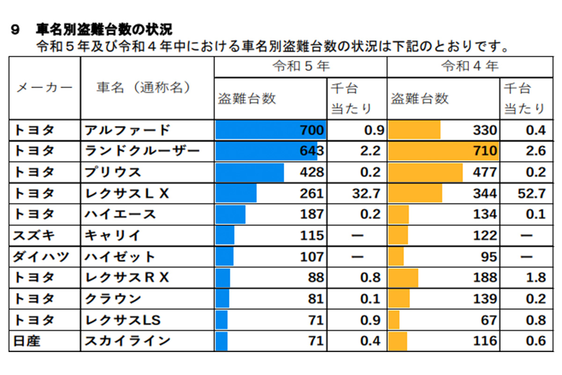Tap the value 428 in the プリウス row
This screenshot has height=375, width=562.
coord(311,172)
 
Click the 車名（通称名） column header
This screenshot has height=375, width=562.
coord(144,88)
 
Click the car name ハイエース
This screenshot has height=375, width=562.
coord(120,214)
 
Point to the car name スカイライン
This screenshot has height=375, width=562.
coord(127,341)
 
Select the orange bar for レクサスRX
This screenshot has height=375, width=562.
coord(403,277)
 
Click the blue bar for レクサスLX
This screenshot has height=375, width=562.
coord(236,193)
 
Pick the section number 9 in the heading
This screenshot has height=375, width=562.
coord(15,30)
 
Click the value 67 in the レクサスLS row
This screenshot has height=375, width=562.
coord(488,320)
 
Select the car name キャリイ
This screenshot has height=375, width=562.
coord(112,235)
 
